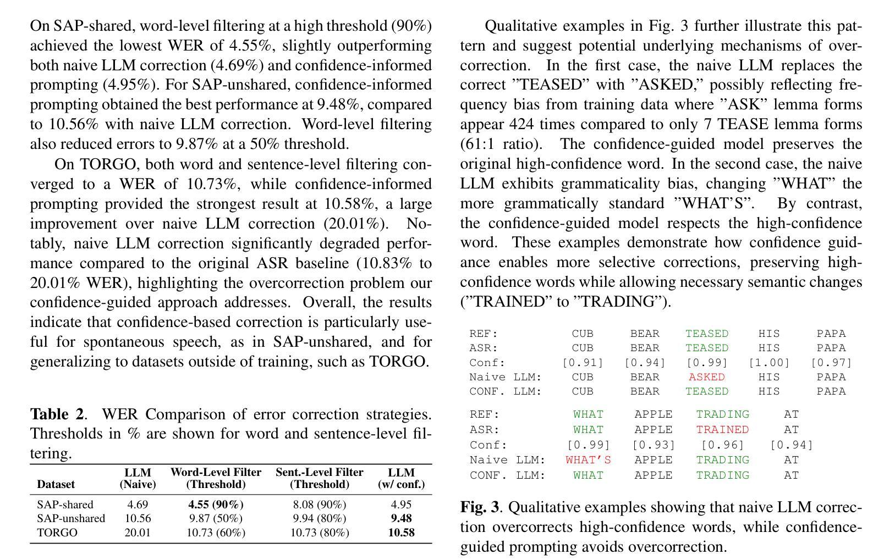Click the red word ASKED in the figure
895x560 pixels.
point(706,377)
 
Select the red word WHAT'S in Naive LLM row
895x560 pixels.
point(588,460)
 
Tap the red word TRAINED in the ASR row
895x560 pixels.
point(722,429)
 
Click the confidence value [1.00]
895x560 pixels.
point(768,363)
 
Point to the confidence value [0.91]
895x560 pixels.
point(583,363)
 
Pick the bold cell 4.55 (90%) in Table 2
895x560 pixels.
point(216,504)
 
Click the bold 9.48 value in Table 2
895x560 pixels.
point(401,518)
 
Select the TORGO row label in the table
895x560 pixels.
point(57,533)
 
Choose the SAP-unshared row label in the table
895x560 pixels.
point(71,518)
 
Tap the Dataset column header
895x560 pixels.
point(56,484)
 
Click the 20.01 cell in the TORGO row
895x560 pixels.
point(138,533)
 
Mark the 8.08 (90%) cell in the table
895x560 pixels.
point(319,504)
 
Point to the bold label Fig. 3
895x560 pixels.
point(480,507)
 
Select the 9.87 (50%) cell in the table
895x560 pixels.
point(216,518)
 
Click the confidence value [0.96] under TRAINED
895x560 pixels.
point(722,445)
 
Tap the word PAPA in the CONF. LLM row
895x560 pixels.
point(831,391)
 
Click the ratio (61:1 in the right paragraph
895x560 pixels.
point(484,144)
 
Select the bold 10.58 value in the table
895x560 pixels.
point(401,533)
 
